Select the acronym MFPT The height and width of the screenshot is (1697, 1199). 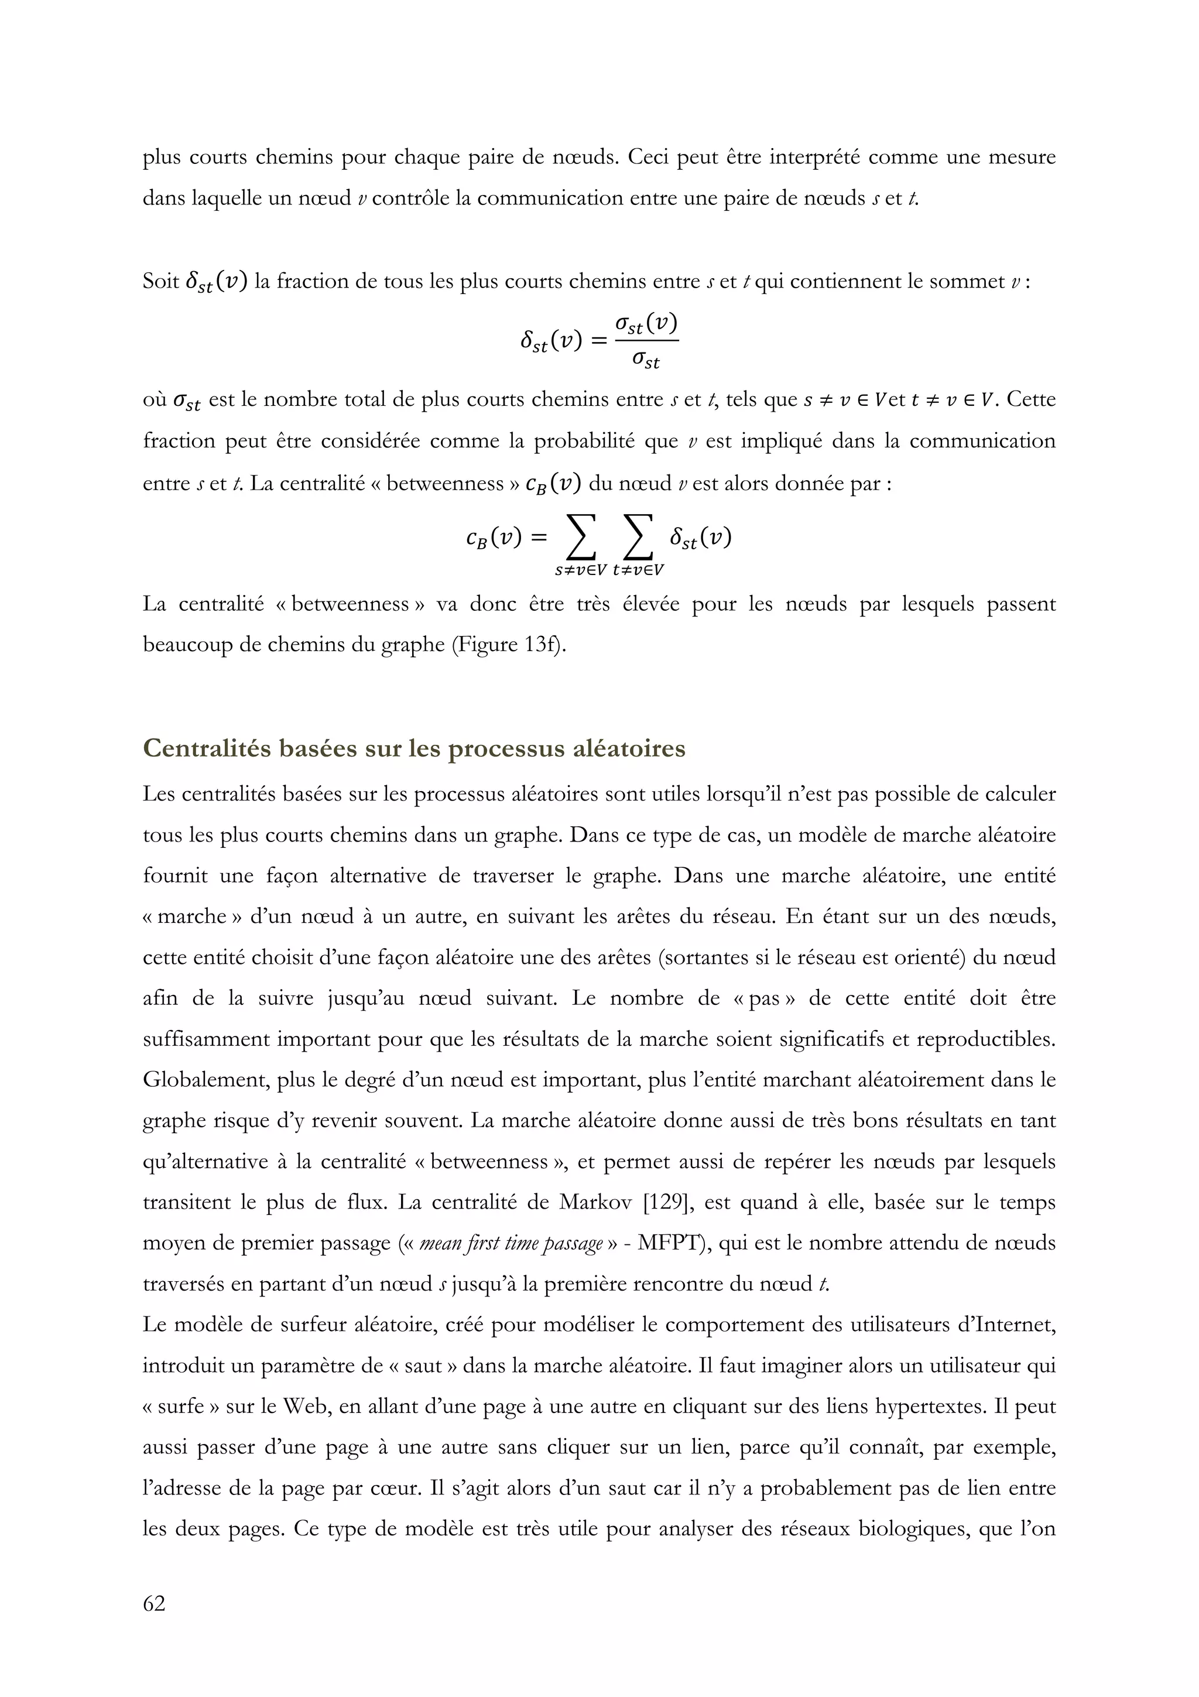666,1243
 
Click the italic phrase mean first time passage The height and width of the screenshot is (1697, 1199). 511,1243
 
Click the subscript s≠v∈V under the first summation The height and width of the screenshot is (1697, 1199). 581,570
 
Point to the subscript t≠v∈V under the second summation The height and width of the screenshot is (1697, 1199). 638,570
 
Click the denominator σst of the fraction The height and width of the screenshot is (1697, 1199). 646,361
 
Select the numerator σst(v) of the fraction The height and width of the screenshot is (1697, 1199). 646,323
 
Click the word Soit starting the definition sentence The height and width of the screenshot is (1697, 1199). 160,282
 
